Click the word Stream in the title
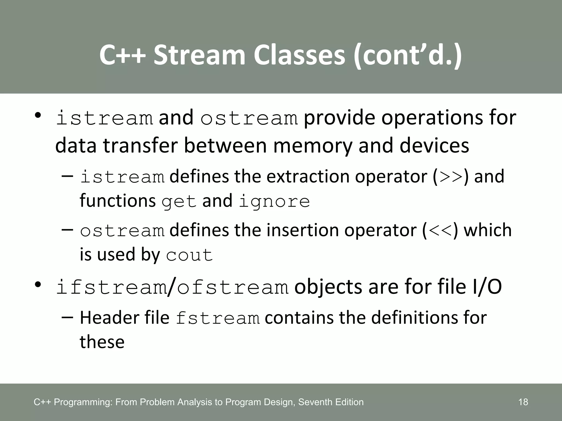199,55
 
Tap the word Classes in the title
299,55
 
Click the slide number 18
523,402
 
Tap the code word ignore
274,202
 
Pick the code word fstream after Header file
217,318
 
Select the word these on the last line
102,342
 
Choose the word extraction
308,177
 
